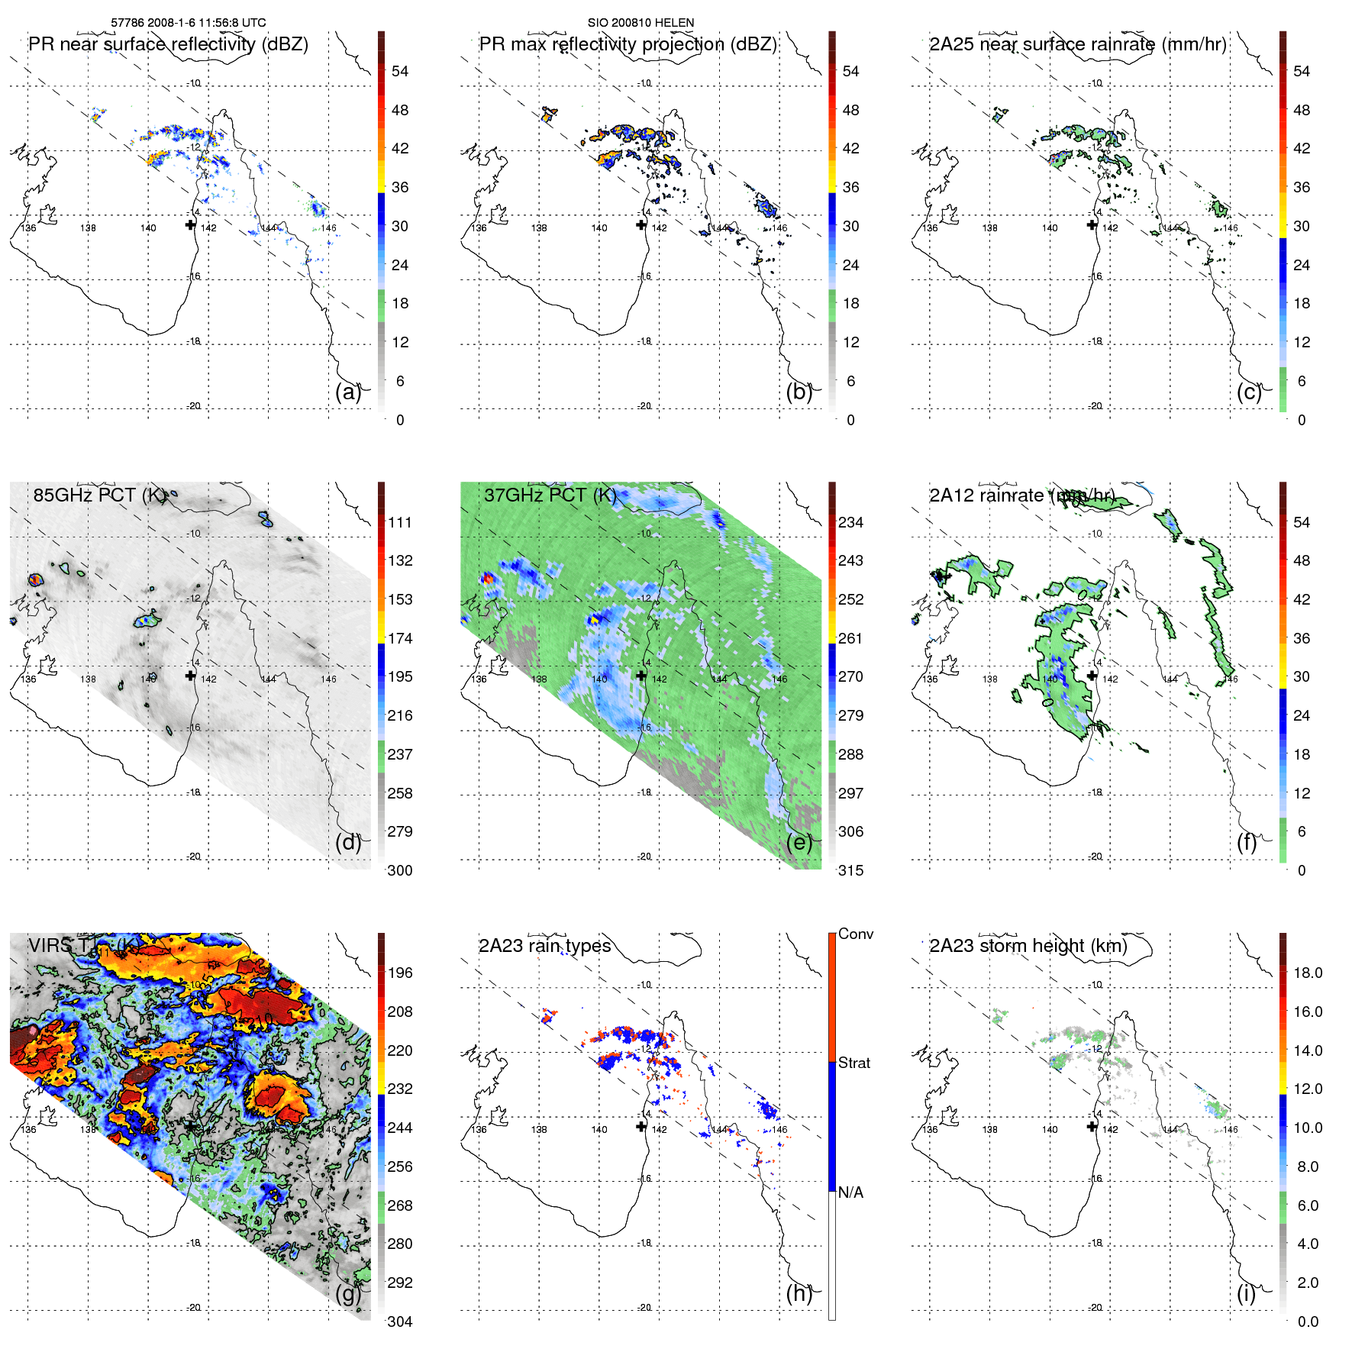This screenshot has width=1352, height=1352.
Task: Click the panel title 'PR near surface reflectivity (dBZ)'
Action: pyautogui.click(x=168, y=44)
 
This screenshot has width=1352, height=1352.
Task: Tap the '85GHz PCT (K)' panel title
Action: pyautogui.click(x=99, y=495)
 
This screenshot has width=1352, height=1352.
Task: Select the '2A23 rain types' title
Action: pyautogui.click(x=545, y=946)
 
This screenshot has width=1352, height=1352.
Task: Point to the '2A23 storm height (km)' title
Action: pyautogui.click(x=1028, y=946)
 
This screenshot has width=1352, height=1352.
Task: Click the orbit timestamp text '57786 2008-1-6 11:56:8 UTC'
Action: pyautogui.click(x=189, y=23)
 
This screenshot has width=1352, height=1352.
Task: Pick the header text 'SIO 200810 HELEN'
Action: pyautogui.click(x=641, y=23)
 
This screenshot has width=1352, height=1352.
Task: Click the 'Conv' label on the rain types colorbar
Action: pyautogui.click(x=856, y=934)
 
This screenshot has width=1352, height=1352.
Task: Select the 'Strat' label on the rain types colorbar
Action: pyautogui.click(x=854, y=1063)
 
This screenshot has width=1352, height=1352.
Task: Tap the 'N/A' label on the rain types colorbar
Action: pyautogui.click(x=851, y=1192)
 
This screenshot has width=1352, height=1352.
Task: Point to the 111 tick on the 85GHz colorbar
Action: pyautogui.click(x=400, y=522)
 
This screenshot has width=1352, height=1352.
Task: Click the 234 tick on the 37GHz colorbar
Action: pyautogui.click(x=850, y=522)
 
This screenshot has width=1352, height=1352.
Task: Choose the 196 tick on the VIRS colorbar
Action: pyautogui.click(x=400, y=973)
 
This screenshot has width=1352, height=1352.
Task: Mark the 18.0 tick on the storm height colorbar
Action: pyautogui.click(x=1308, y=973)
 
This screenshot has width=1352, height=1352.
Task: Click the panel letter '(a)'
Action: pyautogui.click(x=348, y=392)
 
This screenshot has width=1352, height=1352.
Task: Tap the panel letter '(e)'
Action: pyautogui.click(x=799, y=843)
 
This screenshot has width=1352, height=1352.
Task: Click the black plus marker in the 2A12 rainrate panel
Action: pyautogui.click(x=1092, y=676)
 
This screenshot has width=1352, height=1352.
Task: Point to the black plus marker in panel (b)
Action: pyautogui.click(x=641, y=224)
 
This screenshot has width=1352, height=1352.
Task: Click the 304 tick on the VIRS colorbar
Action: pyautogui.click(x=400, y=1321)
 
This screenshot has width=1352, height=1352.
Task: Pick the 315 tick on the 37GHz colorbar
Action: pyautogui.click(x=850, y=870)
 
